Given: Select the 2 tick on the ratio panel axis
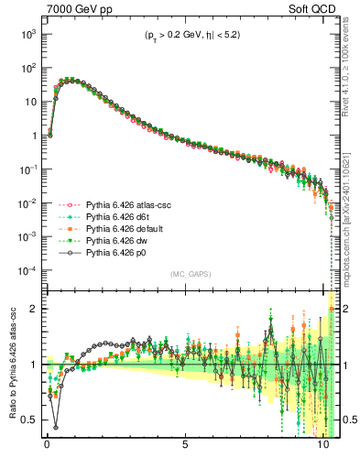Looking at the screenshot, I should (x=32, y=309).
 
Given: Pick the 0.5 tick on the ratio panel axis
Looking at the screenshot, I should (x=28, y=420).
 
